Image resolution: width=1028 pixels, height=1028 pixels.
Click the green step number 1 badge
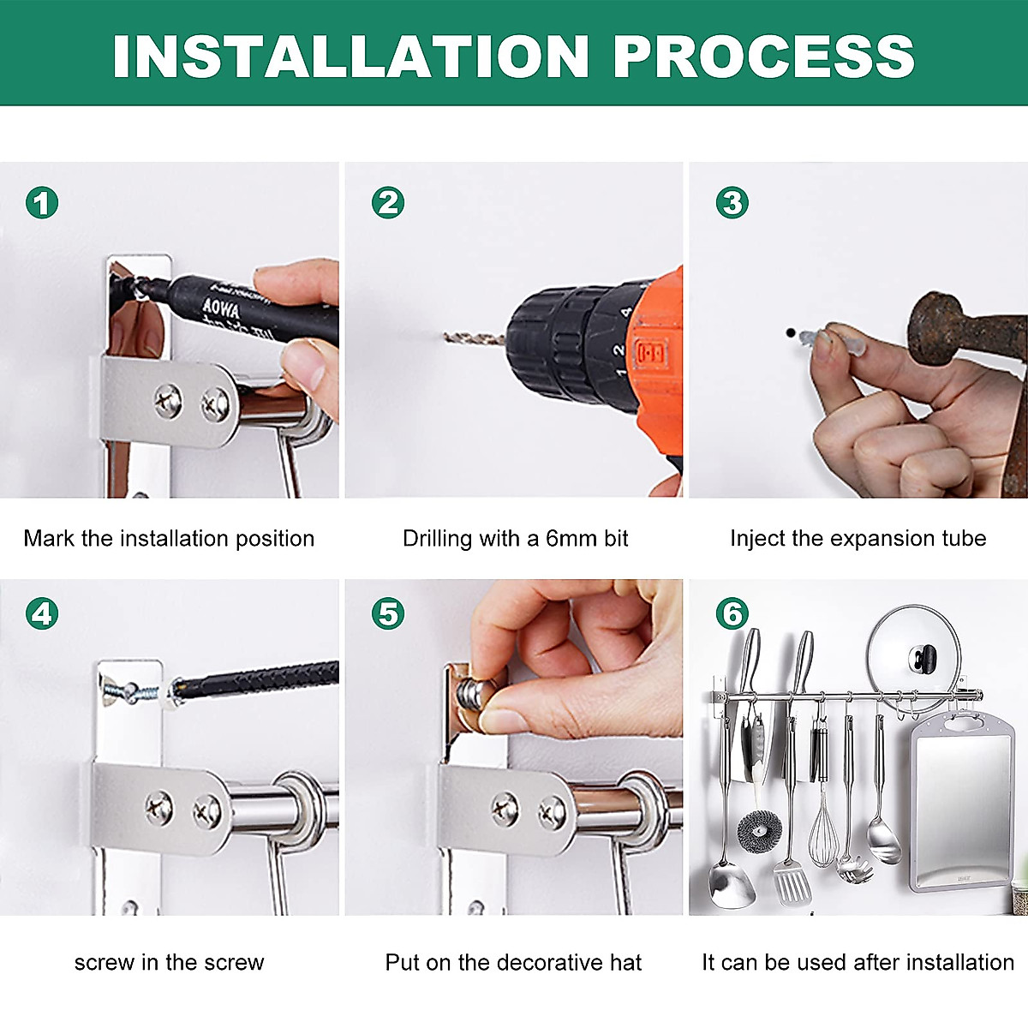pos(42,203)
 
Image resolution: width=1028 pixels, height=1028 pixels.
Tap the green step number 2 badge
pos(388,203)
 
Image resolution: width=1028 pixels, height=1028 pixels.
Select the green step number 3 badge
pos(732,203)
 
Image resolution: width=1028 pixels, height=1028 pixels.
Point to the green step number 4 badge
pos(42,613)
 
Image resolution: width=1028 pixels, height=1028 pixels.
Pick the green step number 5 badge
pos(388,613)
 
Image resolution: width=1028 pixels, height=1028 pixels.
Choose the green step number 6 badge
pos(732,613)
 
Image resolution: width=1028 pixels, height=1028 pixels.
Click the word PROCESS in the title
pos(764,57)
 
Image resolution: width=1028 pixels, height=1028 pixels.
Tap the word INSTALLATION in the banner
pos(350,57)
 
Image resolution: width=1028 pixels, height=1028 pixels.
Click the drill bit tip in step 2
pos(445,336)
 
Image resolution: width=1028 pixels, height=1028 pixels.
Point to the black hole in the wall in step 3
pos(791,333)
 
